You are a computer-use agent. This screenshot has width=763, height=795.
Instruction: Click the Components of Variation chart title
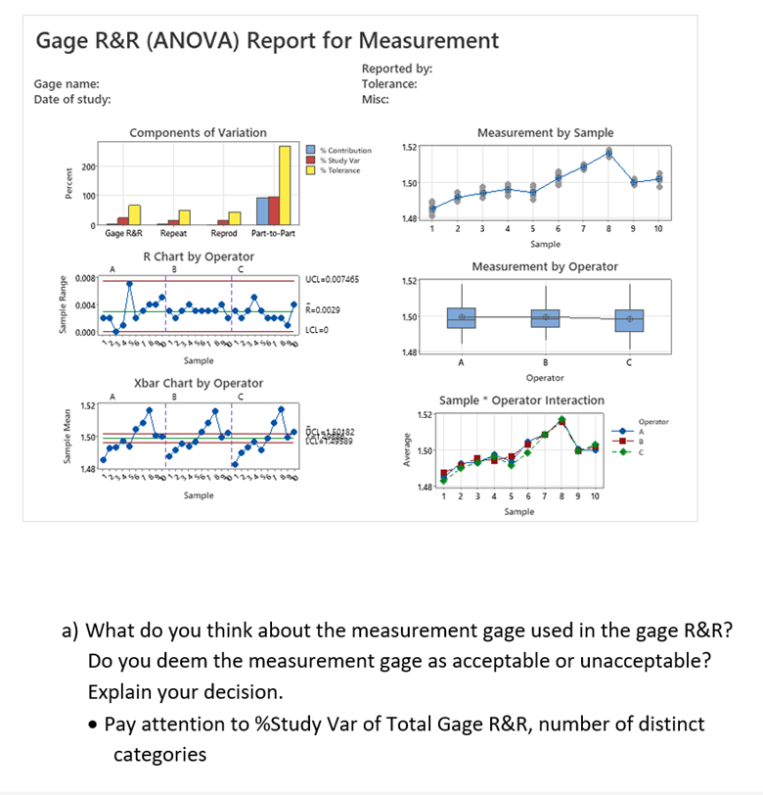tap(198, 133)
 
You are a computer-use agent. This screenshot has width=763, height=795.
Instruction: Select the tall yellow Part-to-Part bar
tap(285, 185)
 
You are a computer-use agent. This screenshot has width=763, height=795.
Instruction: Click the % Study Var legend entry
tap(337, 159)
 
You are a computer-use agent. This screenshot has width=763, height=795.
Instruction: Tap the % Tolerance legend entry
tap(337, 169)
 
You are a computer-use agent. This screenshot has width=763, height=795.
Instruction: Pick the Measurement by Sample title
tap(545, 133)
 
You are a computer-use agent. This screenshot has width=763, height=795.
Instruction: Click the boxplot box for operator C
tap(630, 320)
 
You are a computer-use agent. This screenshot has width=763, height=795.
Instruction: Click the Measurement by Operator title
tap(545, 266)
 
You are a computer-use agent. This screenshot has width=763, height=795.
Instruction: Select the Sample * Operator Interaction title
tap(522, 400)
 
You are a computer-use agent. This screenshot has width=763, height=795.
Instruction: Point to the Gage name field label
tap(67, 85)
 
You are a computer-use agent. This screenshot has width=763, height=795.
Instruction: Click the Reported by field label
tap(396, 69)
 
